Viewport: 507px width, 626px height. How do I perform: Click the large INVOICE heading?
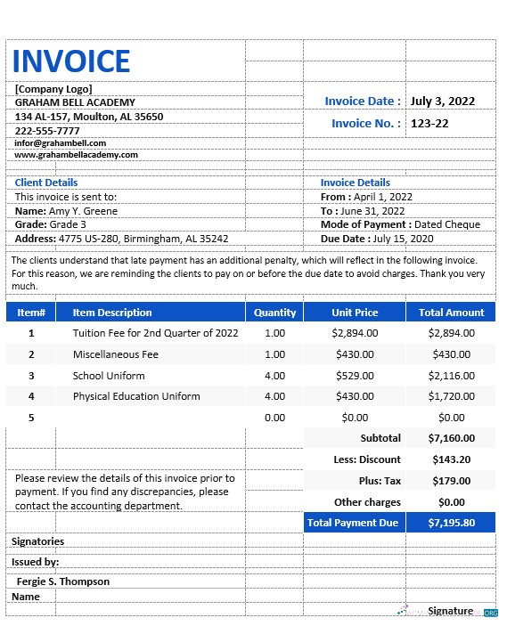pos(71,61)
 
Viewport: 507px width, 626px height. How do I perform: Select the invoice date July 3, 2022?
pos(443,102)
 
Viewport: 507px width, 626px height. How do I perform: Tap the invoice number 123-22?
pos(429,123)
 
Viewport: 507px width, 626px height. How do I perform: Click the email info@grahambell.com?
pos(61,142)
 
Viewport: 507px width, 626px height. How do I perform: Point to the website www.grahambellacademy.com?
pos(77,154)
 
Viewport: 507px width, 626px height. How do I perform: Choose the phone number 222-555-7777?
pos(47,131)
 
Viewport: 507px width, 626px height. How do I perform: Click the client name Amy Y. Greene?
pos(83,211)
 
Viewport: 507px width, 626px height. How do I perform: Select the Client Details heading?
pos(46,183)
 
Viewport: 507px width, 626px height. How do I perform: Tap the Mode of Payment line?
pos(400,224)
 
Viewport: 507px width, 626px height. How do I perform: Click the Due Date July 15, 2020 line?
pos(378,239)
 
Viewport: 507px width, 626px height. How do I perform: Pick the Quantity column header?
pos(274,313)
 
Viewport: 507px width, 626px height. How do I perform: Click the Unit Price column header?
pos(355,313)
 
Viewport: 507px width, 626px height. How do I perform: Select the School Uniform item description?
pos(109,376)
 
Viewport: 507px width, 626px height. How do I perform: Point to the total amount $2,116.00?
pos(451,376)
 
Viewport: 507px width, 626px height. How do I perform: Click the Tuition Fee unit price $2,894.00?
pos(355,333)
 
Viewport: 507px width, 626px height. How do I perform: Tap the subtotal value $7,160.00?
pos(451,438)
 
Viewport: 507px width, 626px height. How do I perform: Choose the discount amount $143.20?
pos(451,459)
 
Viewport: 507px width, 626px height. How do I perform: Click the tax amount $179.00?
pos(451,481)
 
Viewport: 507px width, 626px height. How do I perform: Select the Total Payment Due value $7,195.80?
pos(451,523)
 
